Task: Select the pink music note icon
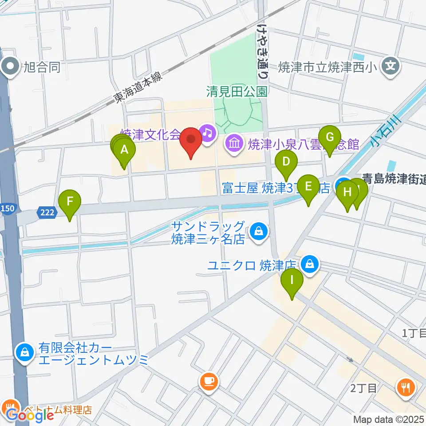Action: coord(207,131)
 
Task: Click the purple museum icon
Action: coord(233,143)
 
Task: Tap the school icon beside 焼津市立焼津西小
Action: coord(390,67)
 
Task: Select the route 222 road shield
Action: coord(47,213)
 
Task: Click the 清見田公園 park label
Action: coord(237,92)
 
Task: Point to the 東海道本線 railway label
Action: coord(138,88)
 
